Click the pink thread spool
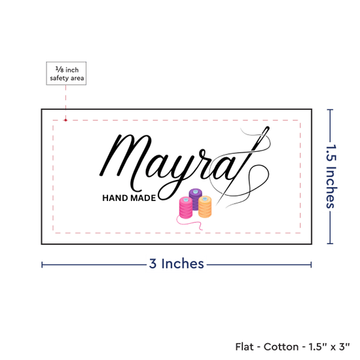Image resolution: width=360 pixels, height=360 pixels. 186,207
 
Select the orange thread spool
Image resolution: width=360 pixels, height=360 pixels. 205,207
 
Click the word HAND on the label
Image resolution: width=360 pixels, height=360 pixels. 115,198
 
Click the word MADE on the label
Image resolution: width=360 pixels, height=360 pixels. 143,198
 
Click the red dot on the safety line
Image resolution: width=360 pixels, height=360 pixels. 65,120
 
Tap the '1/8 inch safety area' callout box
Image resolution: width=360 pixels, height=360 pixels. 66,73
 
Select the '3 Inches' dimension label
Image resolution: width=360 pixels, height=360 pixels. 176,264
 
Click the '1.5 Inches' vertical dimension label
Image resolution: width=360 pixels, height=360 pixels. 331,176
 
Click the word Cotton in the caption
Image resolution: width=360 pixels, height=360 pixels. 281,347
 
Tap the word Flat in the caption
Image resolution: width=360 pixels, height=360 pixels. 244,347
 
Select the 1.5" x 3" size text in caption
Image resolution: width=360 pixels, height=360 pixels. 329,347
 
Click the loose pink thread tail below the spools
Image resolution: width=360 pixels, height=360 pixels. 189,223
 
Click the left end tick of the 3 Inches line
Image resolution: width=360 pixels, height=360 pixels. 42,264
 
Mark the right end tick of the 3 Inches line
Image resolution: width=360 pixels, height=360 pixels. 311,264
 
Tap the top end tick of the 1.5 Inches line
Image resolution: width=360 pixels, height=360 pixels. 330,110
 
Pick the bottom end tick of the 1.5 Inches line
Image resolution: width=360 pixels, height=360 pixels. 330,243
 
